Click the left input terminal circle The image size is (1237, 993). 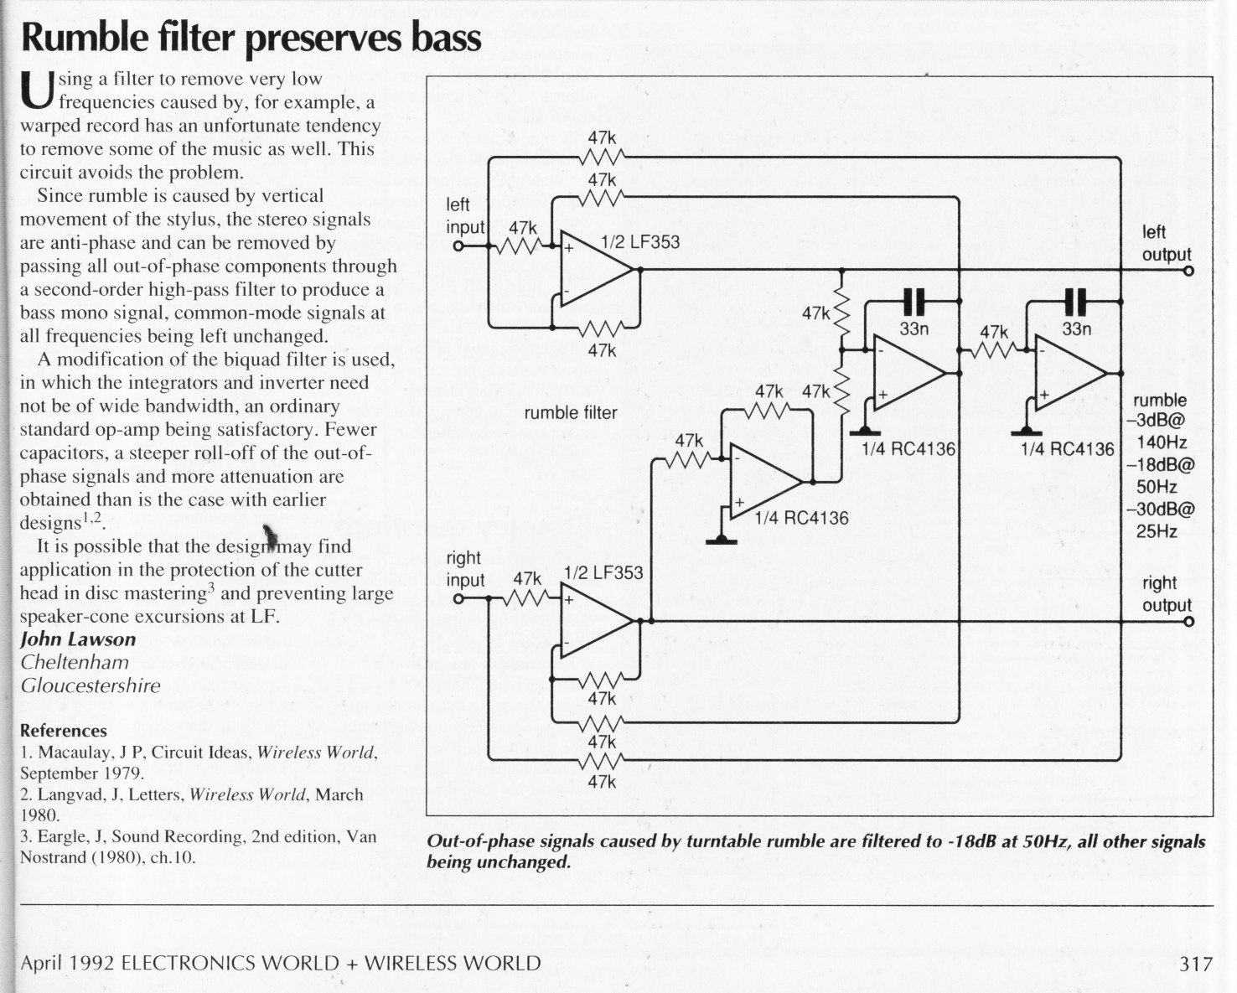[x=458, y=246]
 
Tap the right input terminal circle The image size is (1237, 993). [x=458, y=599]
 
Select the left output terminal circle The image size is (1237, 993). [x=1188, y=271]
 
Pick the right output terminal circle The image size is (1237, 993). [x=1188, y=621]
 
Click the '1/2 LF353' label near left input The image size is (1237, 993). [x=640, y=242]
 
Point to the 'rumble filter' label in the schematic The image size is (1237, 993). [x=570, y=412]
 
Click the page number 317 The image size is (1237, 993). [x=1196, y=964]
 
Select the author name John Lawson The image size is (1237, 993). [x=78, y=639]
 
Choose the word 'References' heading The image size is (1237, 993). [x=63, y=731]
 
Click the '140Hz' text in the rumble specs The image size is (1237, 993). [x=1162, y=442]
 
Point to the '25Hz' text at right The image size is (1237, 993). [x=1157, y=531]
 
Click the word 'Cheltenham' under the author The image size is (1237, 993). [x=75, y=662]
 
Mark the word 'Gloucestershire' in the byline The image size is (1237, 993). [x=91, y=685]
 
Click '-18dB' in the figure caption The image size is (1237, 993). [x=965, y=842]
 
